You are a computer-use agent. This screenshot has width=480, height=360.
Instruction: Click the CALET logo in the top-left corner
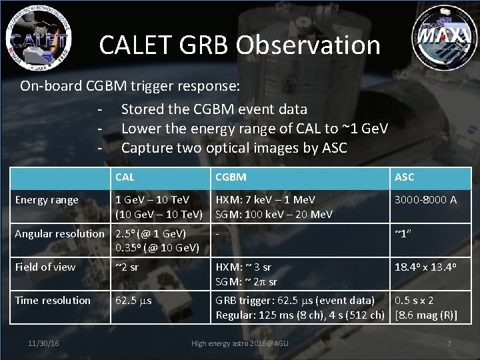point(39,35)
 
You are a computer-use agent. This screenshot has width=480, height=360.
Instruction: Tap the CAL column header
point(125,177)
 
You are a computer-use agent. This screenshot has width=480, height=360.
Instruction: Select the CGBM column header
point(231,177)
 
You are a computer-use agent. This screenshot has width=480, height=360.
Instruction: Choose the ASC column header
point(404,177)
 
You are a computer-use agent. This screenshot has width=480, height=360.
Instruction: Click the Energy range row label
point(47,199)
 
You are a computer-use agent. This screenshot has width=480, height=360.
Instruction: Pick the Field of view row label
point(45,267)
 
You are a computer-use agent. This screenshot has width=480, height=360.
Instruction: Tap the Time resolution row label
point(53,300)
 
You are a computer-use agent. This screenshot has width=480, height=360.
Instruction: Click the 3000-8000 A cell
point(426,199)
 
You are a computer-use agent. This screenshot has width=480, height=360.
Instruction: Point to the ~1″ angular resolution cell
point(401,233)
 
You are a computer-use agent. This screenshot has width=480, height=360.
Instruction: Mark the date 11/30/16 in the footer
point(44,343)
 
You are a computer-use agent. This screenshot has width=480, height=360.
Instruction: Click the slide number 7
point(449,343)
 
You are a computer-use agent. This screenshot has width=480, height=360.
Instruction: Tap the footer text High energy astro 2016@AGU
point(240,343)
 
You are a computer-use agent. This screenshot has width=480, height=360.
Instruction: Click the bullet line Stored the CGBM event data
point(214,109)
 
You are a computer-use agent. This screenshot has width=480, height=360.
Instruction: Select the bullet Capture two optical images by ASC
point(234,147)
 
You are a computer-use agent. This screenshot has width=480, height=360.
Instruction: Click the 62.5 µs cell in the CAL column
point(133,300)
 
